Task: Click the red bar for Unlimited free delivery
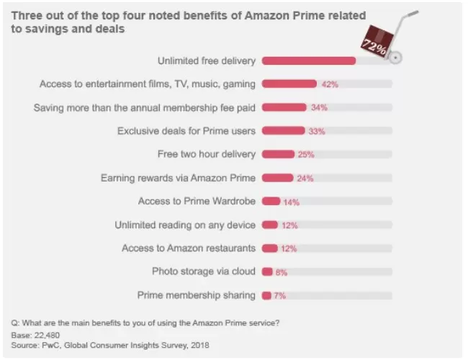308,60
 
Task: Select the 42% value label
330,84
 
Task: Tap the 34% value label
319,108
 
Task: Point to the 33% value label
316,132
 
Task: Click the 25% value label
305,155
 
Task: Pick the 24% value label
305,179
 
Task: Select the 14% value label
291,202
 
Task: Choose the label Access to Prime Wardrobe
197,202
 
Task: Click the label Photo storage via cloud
203,271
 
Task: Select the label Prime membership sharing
196,295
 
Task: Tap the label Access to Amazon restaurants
189,248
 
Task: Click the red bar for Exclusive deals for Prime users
283,131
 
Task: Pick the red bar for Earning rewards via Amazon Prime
277,178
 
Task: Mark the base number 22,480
45,336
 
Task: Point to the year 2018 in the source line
199,346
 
